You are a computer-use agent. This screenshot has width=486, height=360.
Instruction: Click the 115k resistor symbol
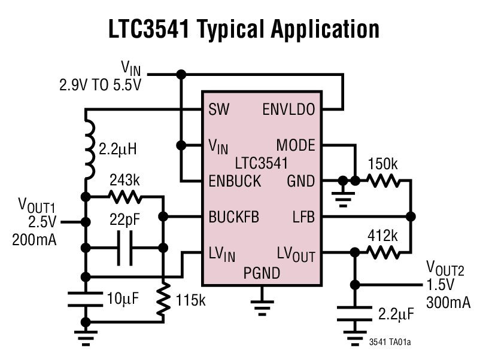[162, 300]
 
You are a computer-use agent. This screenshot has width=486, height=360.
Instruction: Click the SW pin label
[219, 110]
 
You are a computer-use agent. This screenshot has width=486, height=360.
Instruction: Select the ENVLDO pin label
[290, 110]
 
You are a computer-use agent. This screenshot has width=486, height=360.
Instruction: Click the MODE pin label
[296, 145]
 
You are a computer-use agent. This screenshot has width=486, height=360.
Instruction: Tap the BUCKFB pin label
[234, 216]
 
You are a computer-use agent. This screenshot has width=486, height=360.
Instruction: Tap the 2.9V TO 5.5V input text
[100, 85]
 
